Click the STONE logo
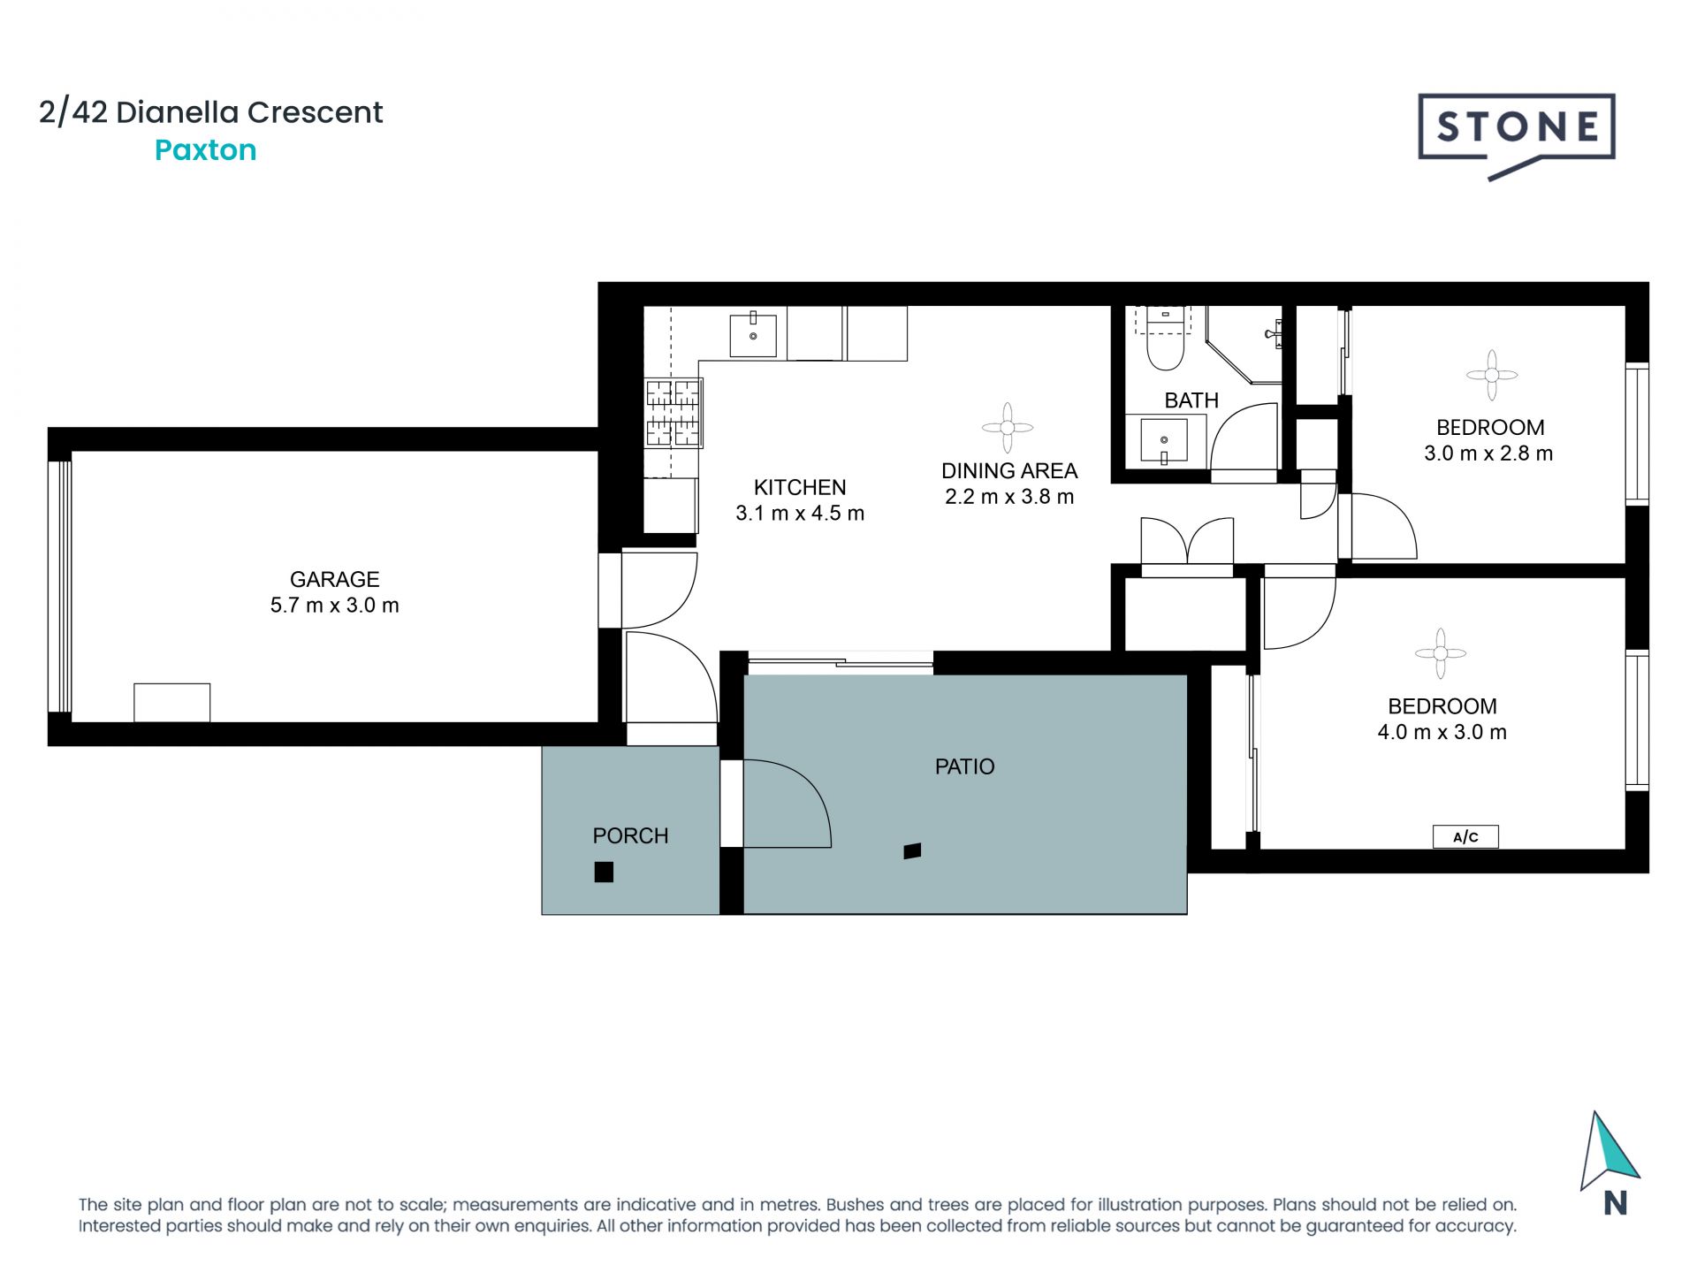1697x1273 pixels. point(1516,129)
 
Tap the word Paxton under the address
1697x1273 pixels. point(205,150)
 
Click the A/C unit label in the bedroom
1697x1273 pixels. point(1465,836)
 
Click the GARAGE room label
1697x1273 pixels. point(334,579)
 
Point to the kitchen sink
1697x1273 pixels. point(753,335)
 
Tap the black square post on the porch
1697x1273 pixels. point(604,872)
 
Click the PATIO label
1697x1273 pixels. point(964,766)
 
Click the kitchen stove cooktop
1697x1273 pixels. point(673,413)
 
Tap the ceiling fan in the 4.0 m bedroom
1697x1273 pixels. point(1440,653)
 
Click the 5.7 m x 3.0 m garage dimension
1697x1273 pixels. point(334,606)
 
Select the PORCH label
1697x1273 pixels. point(630,835)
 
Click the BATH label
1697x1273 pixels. point(1191,400)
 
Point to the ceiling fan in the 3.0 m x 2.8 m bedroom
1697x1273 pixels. point(1491,375)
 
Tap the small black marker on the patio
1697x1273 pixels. point(912,851)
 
